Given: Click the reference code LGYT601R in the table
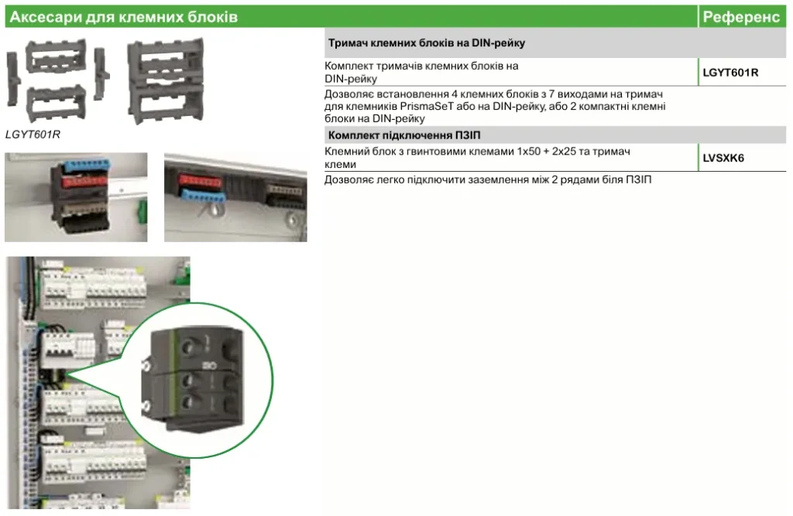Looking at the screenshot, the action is click(x=730, y=72).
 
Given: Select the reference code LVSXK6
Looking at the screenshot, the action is click(x=723, y=158).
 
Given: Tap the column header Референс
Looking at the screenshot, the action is click(x=741, y=17).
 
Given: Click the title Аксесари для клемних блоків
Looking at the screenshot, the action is click(x=124, y=17).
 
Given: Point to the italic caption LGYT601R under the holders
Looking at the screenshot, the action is click(x=33, y=135).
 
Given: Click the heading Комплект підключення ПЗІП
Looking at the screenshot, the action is click(x=404, y=135).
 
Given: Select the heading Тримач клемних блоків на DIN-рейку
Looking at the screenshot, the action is click(x=427, y=43).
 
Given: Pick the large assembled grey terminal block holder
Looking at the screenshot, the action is click(x=166, y=81).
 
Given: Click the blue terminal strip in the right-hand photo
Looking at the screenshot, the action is click(x=204, y=196).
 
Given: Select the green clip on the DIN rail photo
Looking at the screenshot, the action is click(x=142, y=212).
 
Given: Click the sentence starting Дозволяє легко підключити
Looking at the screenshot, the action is click(x=488, y=180).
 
